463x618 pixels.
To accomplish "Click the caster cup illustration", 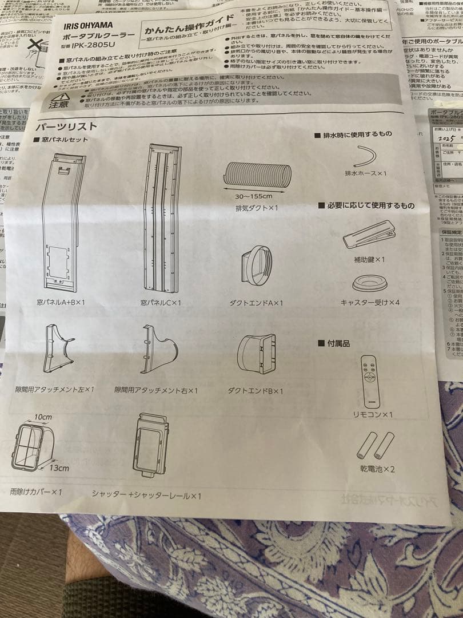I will click(x=369, y=283).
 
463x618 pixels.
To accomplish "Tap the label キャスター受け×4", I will click(x=370, y=302).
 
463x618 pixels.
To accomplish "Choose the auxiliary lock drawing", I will click(x=369, y=233).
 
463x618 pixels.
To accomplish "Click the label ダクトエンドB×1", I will click(x=256, y=391).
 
